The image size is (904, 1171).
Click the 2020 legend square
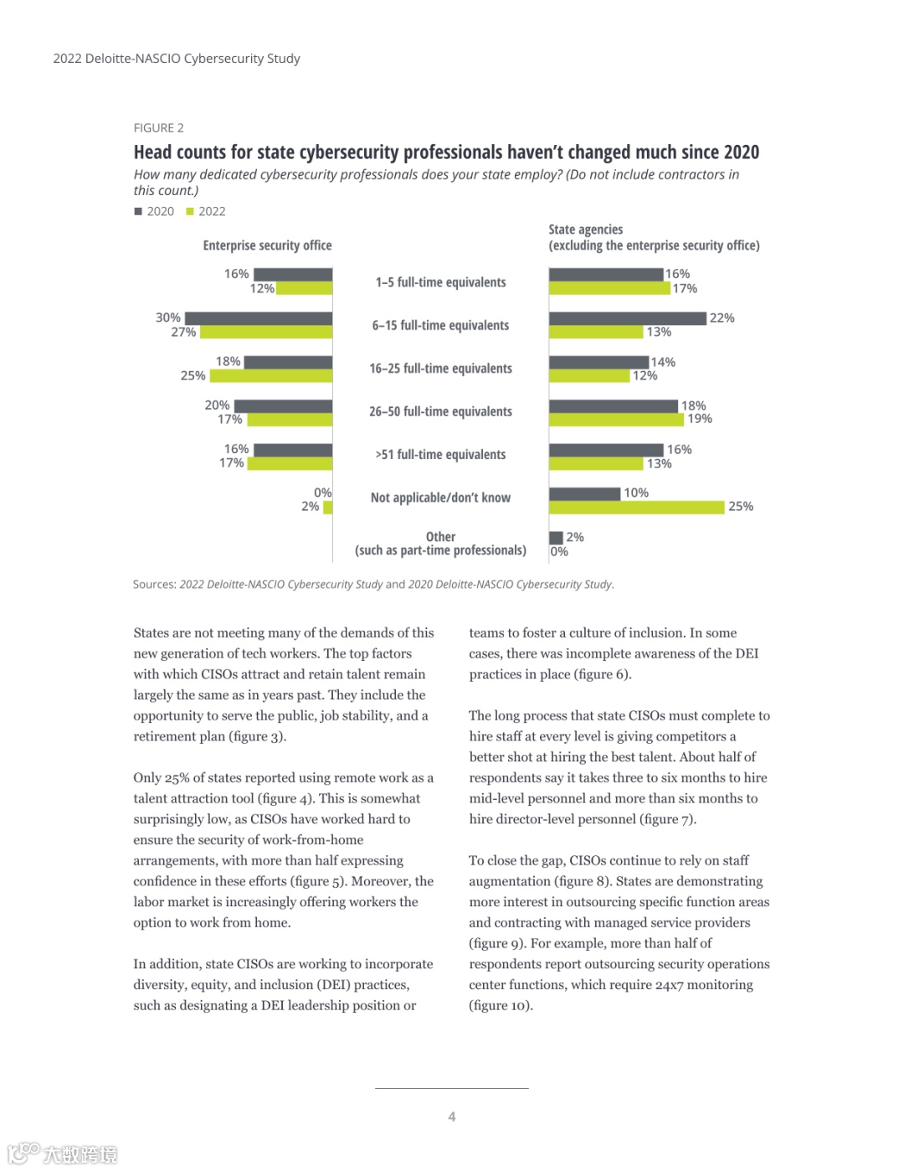click(138, 212)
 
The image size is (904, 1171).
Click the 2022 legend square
click(190, 212)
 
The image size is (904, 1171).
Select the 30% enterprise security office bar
click(259, 318)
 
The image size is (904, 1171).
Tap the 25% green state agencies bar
click(636, 507)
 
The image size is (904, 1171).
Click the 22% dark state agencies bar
click(627, 318)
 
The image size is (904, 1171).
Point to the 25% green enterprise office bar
click(271, 376)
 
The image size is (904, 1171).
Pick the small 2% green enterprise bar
click(328, 507)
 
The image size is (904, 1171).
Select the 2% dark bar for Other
click(556, 538)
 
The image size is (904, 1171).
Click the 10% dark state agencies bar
click(584, 493)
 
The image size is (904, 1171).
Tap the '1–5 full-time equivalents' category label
click(440, 282)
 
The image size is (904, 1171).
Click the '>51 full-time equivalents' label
click(440, 455)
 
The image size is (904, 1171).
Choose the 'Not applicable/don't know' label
click(440, 498)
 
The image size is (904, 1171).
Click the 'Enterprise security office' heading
click(267, 245)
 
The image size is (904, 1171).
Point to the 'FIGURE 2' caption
click(158, 128)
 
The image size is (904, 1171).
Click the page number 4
click(452, 1117)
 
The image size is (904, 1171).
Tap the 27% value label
click(183, 333)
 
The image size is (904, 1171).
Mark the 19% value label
click(700, 419)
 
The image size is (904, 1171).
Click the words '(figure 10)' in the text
click(501, 1005)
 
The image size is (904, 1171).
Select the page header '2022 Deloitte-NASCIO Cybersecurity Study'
click(177, 59)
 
